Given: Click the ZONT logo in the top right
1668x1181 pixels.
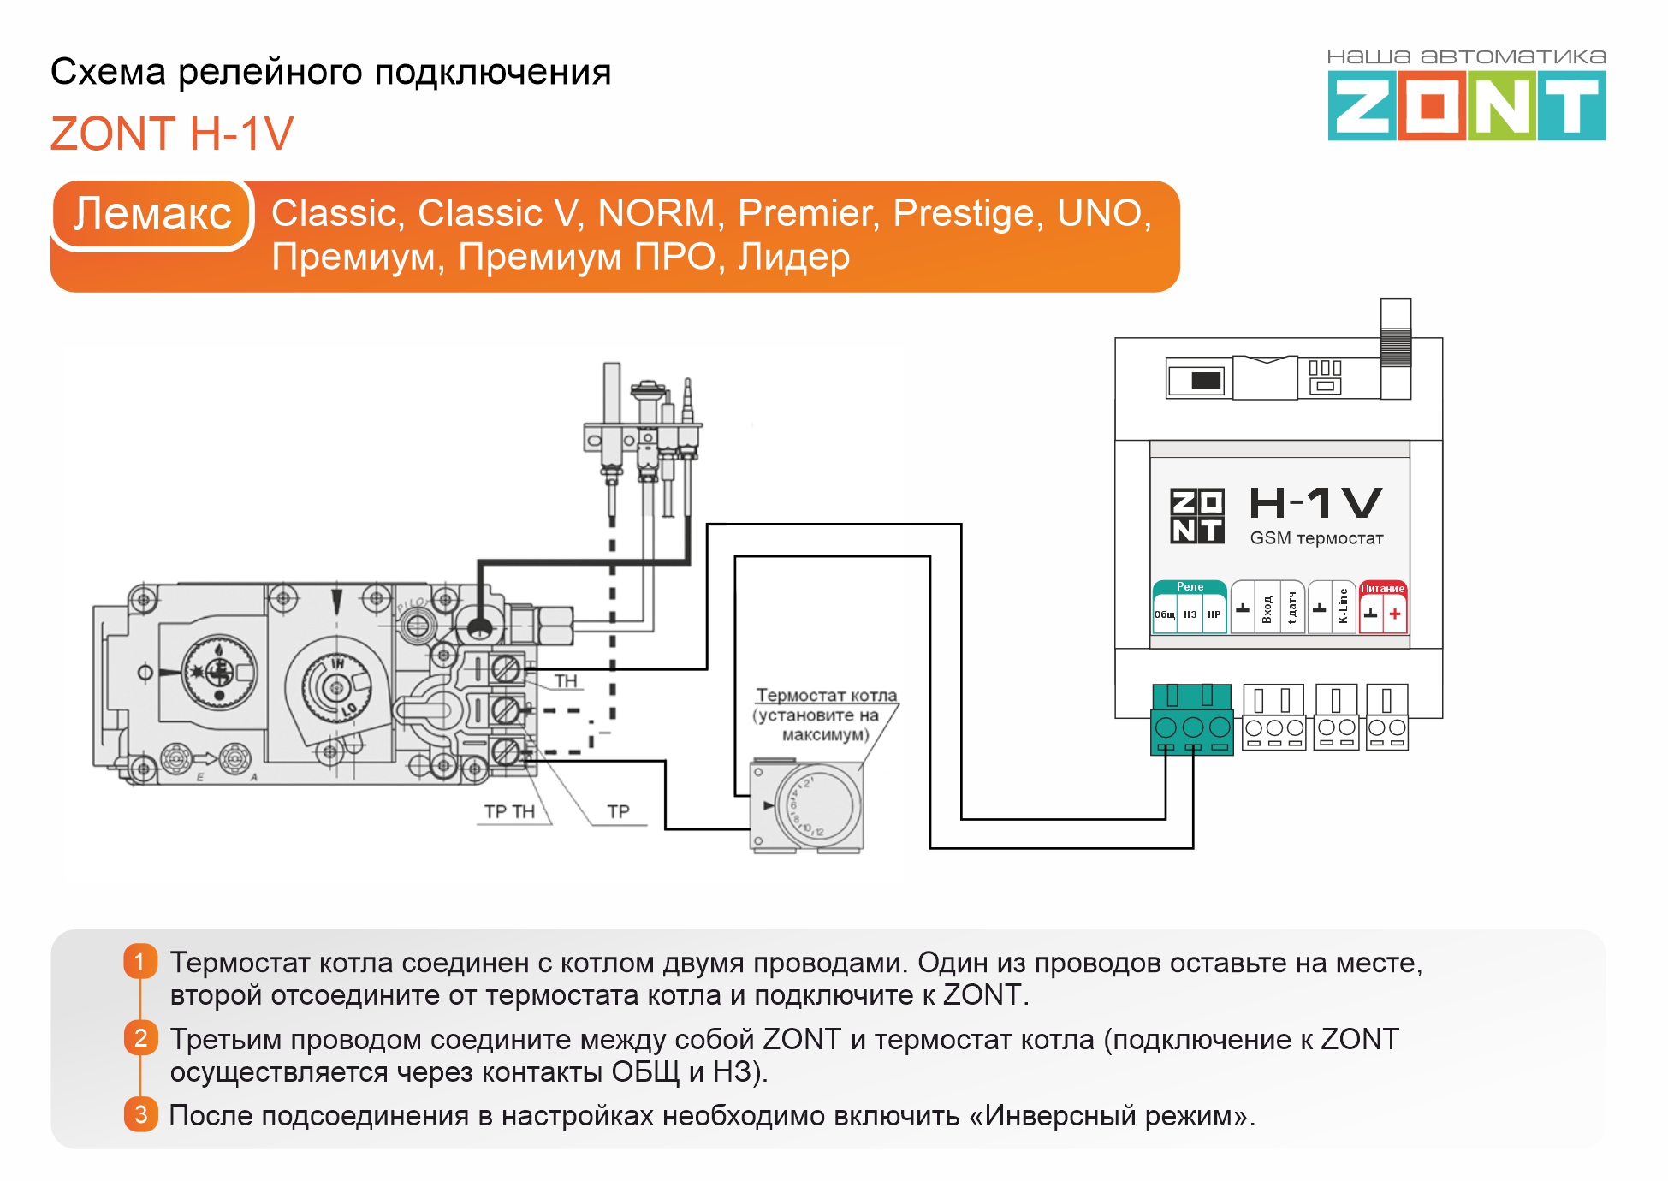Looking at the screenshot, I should (1466, 104).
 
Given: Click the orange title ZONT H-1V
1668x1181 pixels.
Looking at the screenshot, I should (172, 134).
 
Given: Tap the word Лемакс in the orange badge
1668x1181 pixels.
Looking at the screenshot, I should (152, 213).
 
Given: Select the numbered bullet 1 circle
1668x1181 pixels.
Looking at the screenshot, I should (141, 961).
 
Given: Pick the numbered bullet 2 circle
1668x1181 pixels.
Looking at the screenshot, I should (141, 1038).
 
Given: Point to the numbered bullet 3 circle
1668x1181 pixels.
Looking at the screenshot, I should (141, 1114).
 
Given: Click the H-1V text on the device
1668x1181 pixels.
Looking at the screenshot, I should (1315, 502).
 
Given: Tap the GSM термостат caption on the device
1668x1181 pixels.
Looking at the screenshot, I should (1315, 538).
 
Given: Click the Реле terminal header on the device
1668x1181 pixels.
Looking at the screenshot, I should (1190, 587).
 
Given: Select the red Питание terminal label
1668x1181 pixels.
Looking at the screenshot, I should (1382, 589).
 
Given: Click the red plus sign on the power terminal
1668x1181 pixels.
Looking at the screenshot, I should (1395, 614).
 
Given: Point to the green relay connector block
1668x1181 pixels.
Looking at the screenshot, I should (1191, 720).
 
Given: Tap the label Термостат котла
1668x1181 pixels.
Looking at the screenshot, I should (826, 696).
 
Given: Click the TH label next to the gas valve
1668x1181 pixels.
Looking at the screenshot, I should (566, 681).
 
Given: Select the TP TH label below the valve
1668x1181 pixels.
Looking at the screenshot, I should (509, 811).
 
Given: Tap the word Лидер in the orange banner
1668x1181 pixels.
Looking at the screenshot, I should (793, 257).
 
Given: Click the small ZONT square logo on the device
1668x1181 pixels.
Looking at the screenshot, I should (1196, 516).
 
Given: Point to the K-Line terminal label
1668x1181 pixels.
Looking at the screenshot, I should (1343, 606).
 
